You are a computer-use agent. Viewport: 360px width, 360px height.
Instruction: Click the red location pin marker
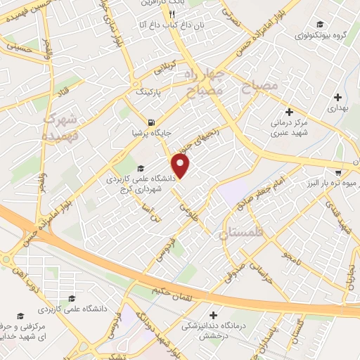(181, 166)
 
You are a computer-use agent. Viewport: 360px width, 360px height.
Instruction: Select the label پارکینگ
(148, 92)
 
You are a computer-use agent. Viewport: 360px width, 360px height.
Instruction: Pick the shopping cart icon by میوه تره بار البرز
(338, 172)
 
